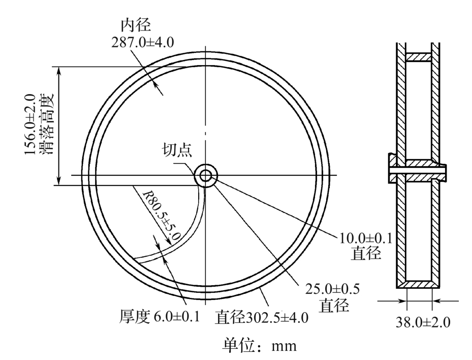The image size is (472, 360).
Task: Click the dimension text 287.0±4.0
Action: (x=143, y=42)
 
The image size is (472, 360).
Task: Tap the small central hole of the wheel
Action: (x=205, y=175)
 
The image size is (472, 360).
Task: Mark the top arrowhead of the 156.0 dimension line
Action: (x=60, y=71)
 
